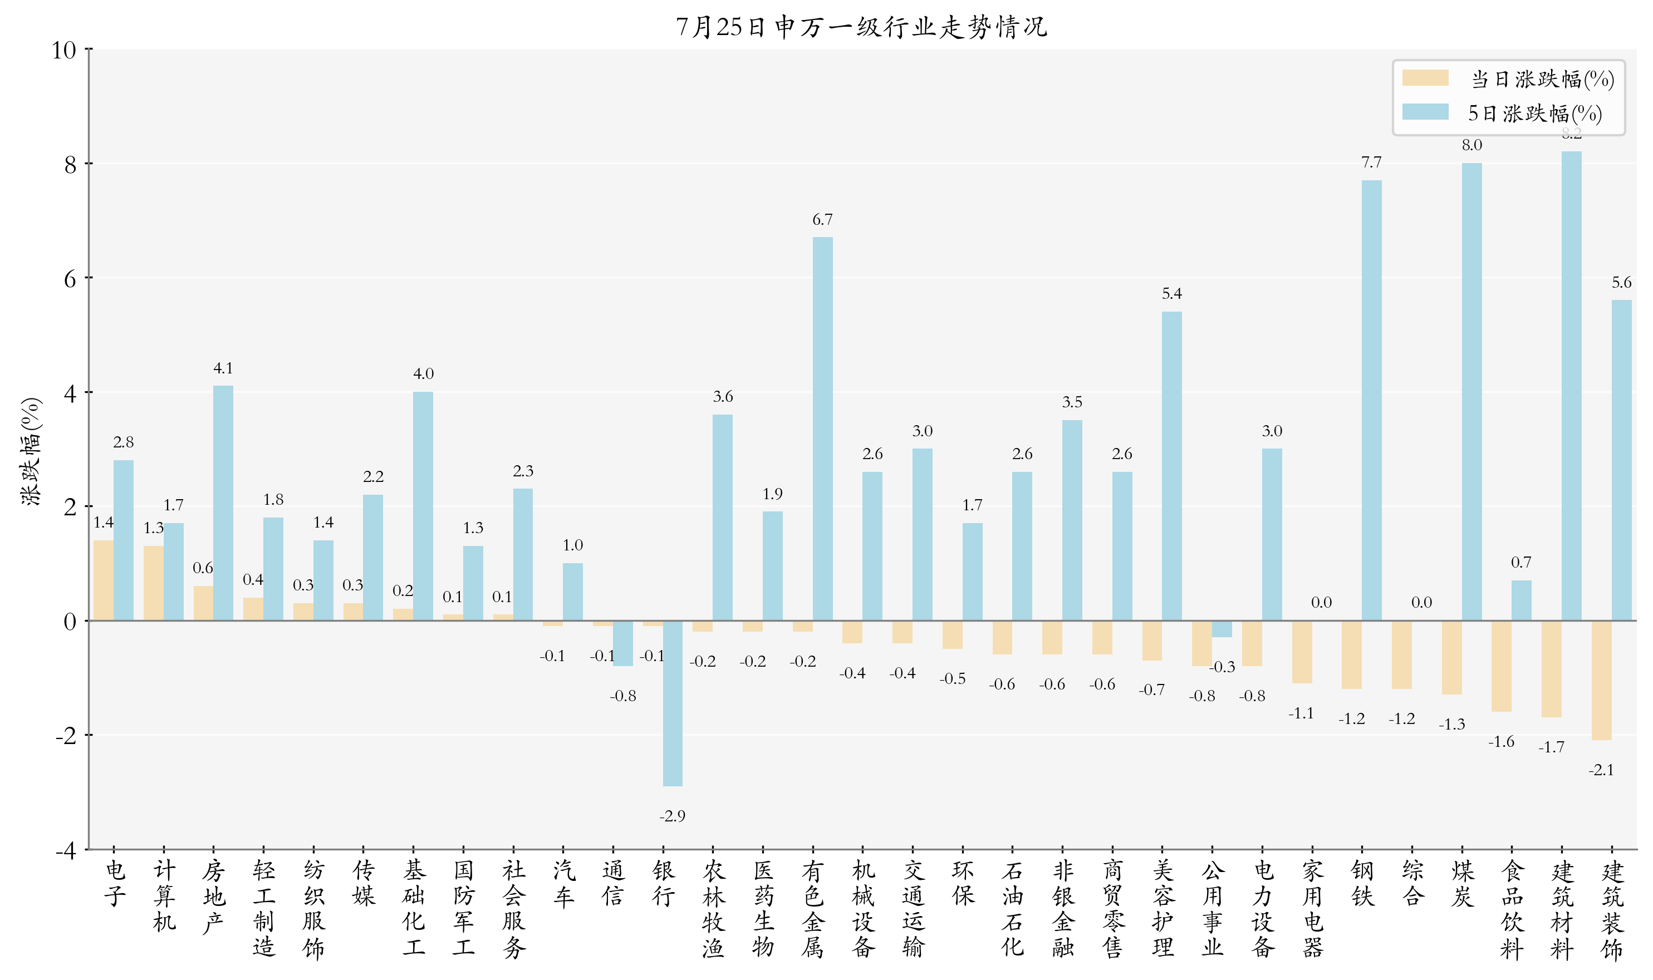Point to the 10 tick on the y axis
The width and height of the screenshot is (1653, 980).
coord(64,50)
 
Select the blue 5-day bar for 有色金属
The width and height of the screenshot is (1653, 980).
coord(822,429)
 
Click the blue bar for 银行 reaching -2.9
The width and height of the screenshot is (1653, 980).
coord(673,703)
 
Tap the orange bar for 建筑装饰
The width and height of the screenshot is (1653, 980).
coord(1601,680)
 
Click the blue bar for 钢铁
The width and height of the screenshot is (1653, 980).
coord(1371,400)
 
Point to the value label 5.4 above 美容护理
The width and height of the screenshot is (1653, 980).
coord(1171,293)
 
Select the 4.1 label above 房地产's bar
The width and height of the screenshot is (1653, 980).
coord(223,368)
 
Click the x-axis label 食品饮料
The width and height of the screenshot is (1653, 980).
coord(1512,909)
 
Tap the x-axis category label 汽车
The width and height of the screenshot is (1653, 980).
coord(563,884)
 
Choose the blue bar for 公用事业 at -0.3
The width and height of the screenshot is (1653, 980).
coord(1222,629)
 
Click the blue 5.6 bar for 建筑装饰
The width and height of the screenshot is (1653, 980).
coord(1621,460)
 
